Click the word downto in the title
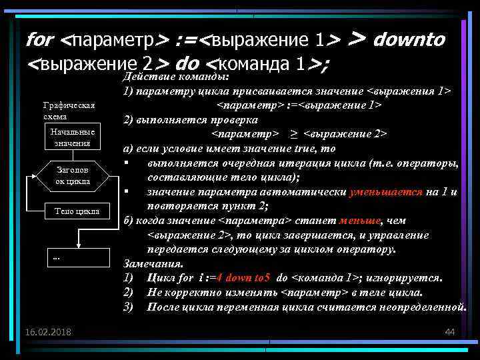coord(409,40)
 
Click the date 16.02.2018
coord(49,332)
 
